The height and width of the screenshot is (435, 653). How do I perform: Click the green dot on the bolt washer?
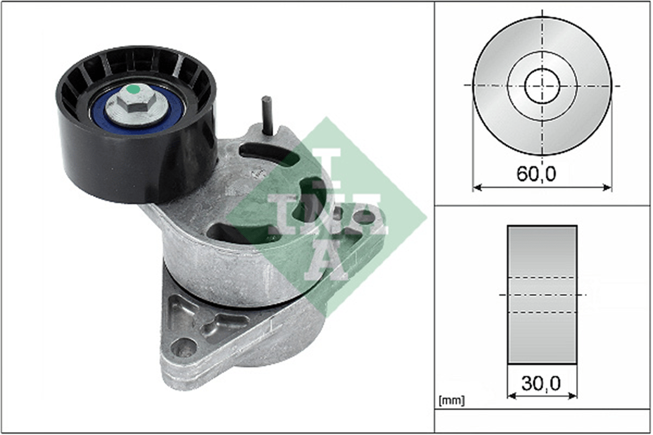pos(133,89)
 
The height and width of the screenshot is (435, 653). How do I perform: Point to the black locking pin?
pos(267,115)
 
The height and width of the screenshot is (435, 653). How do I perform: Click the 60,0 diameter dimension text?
pos(537,174)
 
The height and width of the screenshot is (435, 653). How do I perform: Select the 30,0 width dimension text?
pos(541,383)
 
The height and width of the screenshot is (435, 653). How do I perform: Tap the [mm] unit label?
pos(452,401)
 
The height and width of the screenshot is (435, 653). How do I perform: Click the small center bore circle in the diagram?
pos(542,86)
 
